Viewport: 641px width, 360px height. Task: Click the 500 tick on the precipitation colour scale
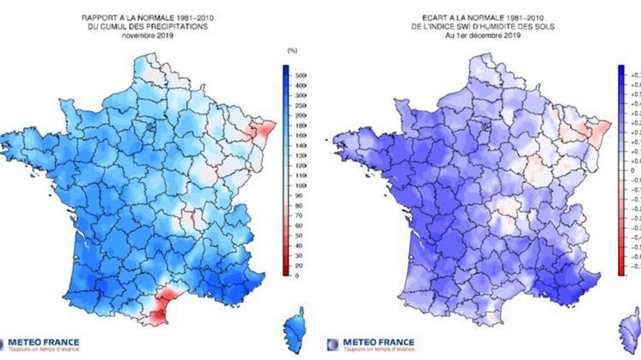pos(301,75)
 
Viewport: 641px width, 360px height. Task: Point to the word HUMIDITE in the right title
pos(508,28)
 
